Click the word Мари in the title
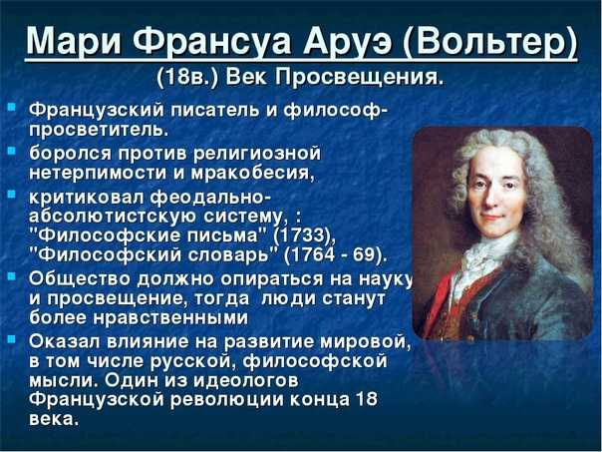(76, 41)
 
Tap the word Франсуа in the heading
(212, 41)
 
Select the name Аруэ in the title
(348, 41)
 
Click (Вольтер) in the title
(489, 42)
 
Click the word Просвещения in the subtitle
(359, 78)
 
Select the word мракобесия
(252, 173)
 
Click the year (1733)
(304, 235)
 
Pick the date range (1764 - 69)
(335, 254)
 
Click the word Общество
(81, 279)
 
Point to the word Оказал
(65, 341)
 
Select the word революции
(226, 400)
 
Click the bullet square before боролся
(12, 150)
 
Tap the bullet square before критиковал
(12, 194)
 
